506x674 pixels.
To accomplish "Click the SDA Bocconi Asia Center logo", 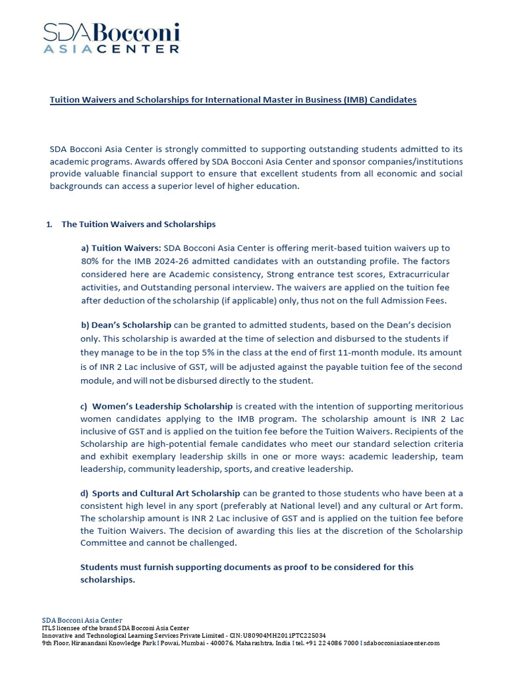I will (x=111, y=38).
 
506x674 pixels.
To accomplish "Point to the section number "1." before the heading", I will (x=49, y=224).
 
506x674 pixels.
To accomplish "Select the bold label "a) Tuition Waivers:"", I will (x=121, y=248).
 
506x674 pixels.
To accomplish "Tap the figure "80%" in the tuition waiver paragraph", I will (x=90, y=261).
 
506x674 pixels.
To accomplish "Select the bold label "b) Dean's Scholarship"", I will (x=126, y=326).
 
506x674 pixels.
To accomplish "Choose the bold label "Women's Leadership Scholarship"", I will (x=162, y=406).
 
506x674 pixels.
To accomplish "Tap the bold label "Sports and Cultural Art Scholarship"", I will (x=166, y=493).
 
